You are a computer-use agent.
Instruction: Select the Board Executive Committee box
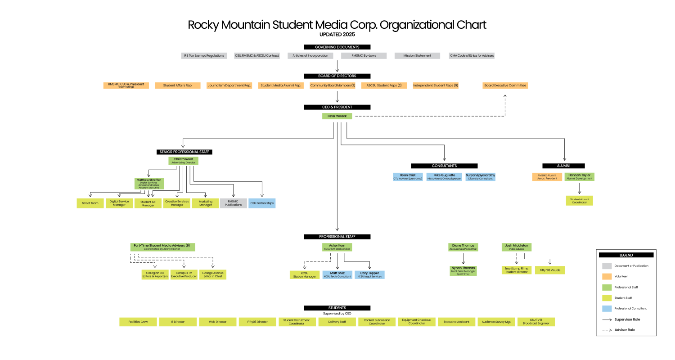pyautogui.click(x=505, y=85)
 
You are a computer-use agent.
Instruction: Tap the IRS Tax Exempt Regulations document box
pyautogui.click(x=203, y=56)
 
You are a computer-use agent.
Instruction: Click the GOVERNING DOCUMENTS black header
pyautogui.click(x=337, y=47)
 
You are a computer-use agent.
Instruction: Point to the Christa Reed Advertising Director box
pyautogui.click(x=184, y=161)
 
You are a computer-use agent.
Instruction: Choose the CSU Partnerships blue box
pyautogui.click(x=261, y=203)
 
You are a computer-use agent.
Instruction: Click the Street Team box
pyautogui.click(x=90, y=203)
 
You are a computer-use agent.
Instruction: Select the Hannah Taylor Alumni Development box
pyautogui.click(x=580, y=177)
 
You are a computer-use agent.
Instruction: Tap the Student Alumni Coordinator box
pyautogui.click(x=580, y=201)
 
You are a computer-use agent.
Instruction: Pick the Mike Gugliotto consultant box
pyautogui.click(x=444, y=177)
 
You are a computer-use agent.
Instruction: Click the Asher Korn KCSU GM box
pyautogui.click(x=337, y=247)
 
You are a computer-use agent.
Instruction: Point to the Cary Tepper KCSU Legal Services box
pyautogui.click(x=369, y=274)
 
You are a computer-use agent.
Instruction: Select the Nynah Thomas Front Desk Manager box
pyautogui.click(x=463, y=270)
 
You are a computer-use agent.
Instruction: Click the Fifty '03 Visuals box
pyautogui.click(x=550, y=270)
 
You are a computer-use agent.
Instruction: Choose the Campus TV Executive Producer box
pyautogui.click(x=184, y=274)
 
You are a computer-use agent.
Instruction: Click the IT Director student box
pyautogui.click(x=178, y=322)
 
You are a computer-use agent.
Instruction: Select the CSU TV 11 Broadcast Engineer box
pyautogui.click(x=536, y=322)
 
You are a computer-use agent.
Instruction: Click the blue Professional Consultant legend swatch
pyautogui.click(x=607, y=309)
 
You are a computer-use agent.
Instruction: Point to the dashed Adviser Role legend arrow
pyautogui.click(x=607, y=330)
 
